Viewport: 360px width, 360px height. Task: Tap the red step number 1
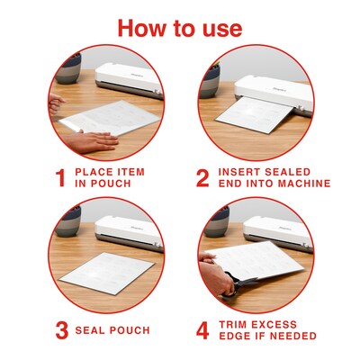pyautogui.click(x=58, y=176)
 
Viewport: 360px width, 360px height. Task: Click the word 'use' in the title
pyautogui.click(x=215, y=29)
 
